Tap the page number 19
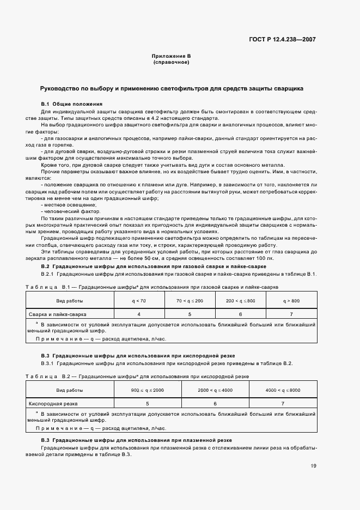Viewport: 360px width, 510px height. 313,465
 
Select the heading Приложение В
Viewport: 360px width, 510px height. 171,56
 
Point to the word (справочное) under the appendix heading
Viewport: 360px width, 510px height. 171,63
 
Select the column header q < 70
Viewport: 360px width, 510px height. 139,301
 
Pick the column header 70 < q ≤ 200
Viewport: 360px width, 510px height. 190,301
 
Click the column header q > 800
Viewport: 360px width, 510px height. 291,301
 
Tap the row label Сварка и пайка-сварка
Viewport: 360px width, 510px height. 58,314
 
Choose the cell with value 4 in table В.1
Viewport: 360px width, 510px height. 139,314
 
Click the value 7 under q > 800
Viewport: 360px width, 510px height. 291,314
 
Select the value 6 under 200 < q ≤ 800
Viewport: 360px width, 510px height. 240,314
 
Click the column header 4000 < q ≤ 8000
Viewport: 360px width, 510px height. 282,390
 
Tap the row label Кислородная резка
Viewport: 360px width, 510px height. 53,404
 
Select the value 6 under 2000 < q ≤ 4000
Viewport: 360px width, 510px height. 215,404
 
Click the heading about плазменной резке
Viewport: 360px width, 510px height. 137,440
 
